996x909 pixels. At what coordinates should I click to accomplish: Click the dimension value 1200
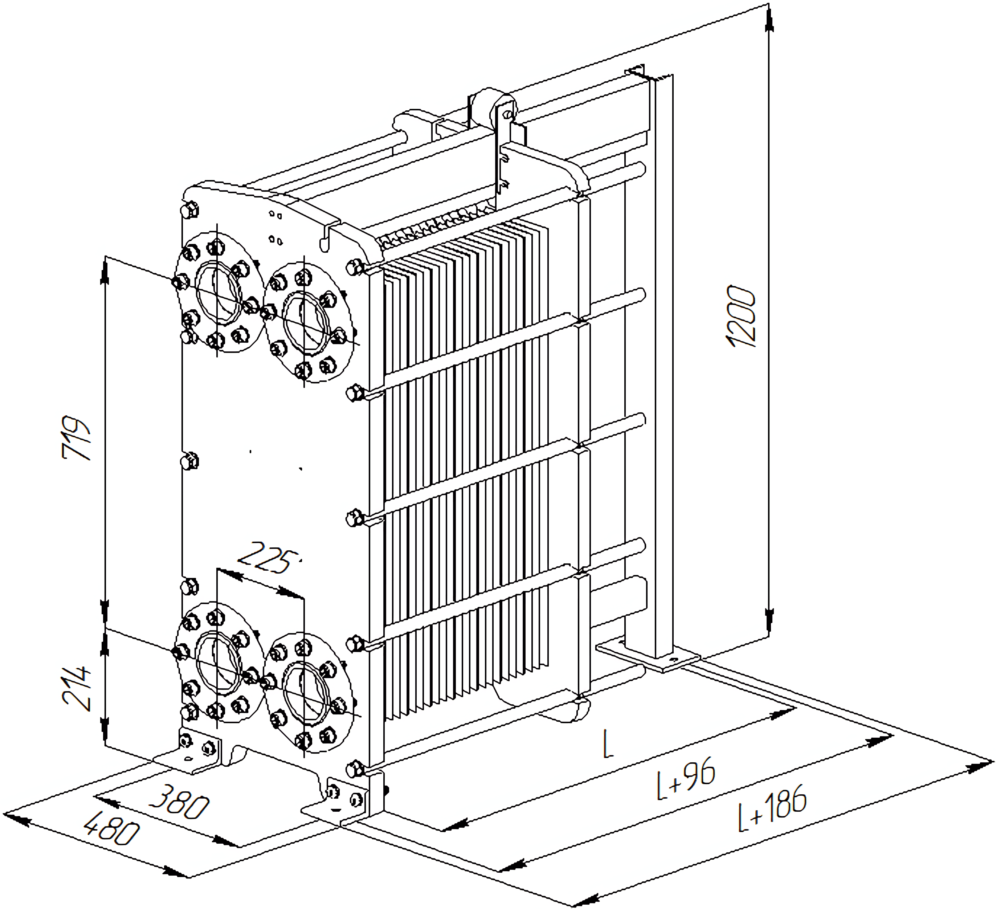pyautogui.click(x=741, y=316)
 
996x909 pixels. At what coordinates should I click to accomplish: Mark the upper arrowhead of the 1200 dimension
pyautogui.click(x=769, y=20)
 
